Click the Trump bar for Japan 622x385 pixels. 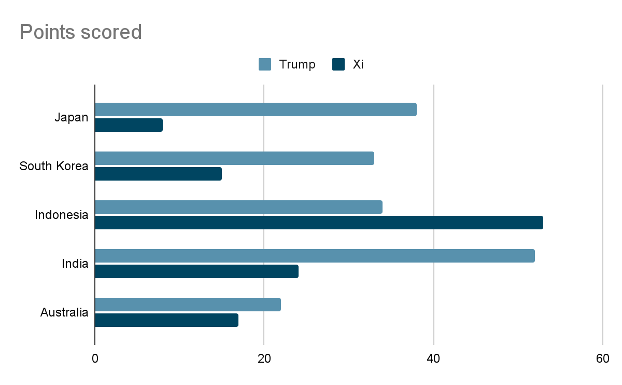(x=256, y=109)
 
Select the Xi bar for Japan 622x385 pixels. (x=129, y=125)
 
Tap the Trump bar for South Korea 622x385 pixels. (x=234, y=158)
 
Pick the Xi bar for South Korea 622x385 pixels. (x=158, y=174)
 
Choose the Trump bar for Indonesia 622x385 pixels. (x=238, y=207)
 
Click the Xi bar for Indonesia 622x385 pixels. (x=319, y=223)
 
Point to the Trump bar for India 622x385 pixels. (x=315, y=256)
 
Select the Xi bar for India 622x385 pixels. (x=196, y=271)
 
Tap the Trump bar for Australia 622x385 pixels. (x=188, y=305)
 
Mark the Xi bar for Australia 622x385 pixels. (x=166, y=320)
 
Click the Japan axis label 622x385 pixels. (x=71, y=118)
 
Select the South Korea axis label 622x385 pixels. (x=53, y=167)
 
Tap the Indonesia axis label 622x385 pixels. (x=61, y=215)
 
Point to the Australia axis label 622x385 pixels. (x=64, y=313)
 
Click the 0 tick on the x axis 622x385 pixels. (x=95, y=359)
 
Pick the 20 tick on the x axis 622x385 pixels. (x=264, y=359)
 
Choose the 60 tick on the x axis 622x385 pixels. (x=602, y=359)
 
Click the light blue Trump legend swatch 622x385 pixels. (x=265, y=64)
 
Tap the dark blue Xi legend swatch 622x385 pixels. (x=338, y=64)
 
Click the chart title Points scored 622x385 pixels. (x=80, y=32)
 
